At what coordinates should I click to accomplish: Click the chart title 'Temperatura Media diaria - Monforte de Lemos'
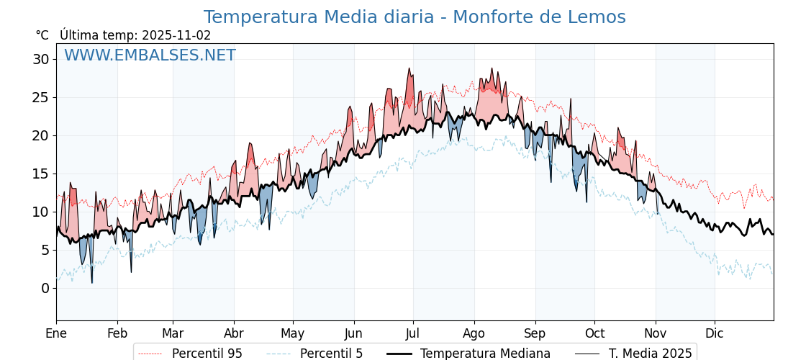(x=415, y=17)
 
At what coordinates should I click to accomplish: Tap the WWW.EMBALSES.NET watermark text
(x=150, y=55)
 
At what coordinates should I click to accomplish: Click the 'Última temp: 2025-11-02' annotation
(x=135, y=35)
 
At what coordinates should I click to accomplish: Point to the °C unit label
(x=42, y=35)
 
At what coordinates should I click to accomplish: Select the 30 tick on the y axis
(x=40, y=59)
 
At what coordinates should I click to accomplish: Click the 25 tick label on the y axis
(x=40, y=97)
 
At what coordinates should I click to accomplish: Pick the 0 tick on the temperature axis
(x=45, y=288)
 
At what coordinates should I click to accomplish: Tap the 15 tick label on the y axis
(x=40, y=174)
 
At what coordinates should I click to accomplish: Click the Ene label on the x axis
(x=56, y=333)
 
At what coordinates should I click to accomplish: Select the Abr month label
(x=234, y=333)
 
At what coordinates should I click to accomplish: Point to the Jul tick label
(x=413, y=333)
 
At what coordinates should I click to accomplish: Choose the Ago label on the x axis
(x=474, y=333)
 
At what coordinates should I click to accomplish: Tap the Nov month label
(x=656, y=333)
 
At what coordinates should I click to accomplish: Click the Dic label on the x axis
(x=715, y=333)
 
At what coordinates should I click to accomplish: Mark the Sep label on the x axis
(x=535, y=333)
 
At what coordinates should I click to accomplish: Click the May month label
(x=293, y=333)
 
